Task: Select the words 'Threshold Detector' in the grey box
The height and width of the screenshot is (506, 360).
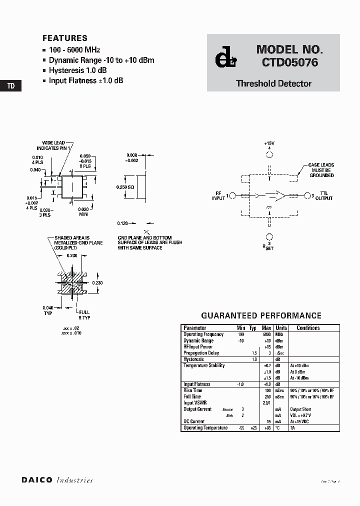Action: point(273,83)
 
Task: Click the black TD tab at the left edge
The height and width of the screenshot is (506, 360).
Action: point(10,86)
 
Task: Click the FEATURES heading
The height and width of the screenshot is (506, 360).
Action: point(65,38)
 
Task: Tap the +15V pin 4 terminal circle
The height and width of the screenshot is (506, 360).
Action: point(269,154)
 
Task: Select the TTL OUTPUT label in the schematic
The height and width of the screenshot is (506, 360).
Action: point(324,195)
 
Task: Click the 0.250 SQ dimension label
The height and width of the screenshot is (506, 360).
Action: point(125,187)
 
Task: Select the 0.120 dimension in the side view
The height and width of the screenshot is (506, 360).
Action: point(123,223)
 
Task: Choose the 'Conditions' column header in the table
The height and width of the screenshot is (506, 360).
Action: point(308,328)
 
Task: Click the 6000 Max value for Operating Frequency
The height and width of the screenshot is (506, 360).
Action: point(266,334)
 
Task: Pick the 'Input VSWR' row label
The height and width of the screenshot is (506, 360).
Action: point(195,402)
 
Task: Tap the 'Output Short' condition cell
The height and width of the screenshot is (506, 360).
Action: point(300,409)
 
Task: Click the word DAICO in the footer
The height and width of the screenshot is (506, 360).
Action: point(36,480)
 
